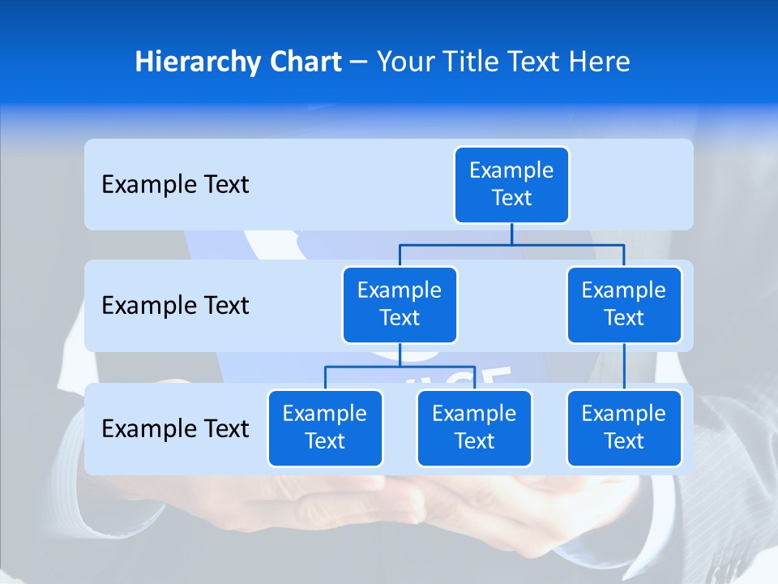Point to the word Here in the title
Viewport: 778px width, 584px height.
click(x=599, y=62)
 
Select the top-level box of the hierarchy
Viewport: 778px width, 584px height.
click(x=511, y=185)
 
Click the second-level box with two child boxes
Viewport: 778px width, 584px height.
click(x=400, y=305)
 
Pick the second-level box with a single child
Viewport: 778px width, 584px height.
click(x=624, y=305)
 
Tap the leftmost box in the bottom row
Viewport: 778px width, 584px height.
click(x=325, y=428)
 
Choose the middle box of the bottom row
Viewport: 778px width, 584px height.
click(x=474, y=428)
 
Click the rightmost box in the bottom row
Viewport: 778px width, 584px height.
click(x=624, y=428)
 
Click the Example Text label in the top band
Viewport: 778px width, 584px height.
click(x=175, y=185)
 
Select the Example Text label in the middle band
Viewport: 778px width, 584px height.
click(x=175, y=306)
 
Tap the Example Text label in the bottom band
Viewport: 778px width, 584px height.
click(x=175, y=428)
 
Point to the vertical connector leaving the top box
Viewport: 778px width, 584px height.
click(x=511, y=234)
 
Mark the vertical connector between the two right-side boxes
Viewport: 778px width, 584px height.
click(x=624, y=367)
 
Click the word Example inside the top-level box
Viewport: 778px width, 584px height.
click(x=511, y=171)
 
